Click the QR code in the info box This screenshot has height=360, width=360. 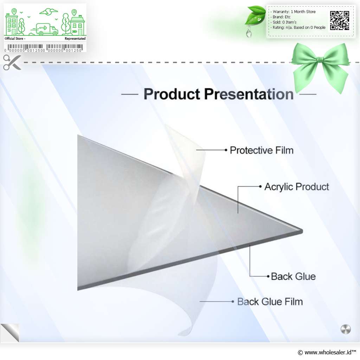(340, 20)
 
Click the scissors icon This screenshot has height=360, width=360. (12, 62)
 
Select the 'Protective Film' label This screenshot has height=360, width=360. (262, 150)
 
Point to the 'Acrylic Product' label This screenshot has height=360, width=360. (297, 187)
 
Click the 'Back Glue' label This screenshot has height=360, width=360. (293, 276)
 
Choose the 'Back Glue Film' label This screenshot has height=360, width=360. (270, 302)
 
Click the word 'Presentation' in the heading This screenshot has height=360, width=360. (249, 94)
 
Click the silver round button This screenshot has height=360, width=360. (346, 329)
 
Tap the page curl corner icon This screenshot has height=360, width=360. (10, 333)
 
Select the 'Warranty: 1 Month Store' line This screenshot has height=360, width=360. (294, 12)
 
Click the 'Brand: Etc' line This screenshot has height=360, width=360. (281, 17)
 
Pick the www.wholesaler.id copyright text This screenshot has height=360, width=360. (327, 352)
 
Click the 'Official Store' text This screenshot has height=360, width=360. (14, 39)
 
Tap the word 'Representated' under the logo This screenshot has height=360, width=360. (75, 39)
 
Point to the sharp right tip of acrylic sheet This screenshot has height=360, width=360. (302, 231)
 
